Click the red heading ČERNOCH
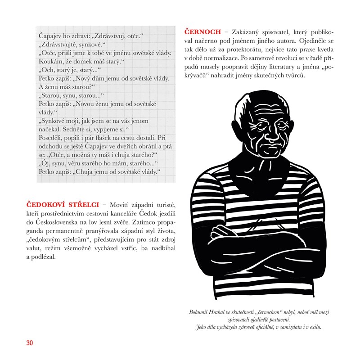tap(203, 32)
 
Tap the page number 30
tap(30, 343)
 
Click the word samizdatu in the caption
tap(282, 327)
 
